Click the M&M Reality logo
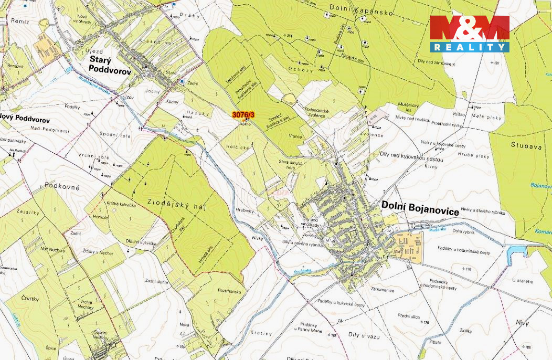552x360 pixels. pyautogui.click(x=470, y=34)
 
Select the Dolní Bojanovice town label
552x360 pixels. pyautogui.click(x=420, y=208)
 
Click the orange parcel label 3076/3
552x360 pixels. pyautogui.click(x=243, y=114)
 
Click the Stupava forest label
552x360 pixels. pyautogui.click(x=526, y=146)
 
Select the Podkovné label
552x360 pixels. pyautogui.click(x=62, y=186)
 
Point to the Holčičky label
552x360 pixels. pyautogui.click(x=238, y=147)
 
